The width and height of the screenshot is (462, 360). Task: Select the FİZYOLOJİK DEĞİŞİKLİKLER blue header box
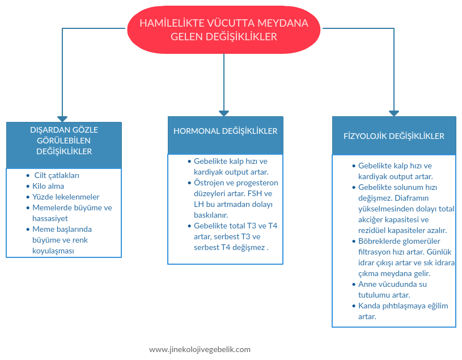(x=393, y=135)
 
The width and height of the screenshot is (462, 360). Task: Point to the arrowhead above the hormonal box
(x=224, y=113)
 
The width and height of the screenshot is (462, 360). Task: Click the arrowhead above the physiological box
(x=393, y=113)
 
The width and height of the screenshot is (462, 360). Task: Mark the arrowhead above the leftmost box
(x=63, y=117)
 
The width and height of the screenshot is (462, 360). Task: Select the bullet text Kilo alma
(x=48, y=186)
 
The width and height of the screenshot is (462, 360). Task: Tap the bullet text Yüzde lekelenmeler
(x=66, y=197)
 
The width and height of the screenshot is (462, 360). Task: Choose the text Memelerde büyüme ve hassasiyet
(x=71, y=213)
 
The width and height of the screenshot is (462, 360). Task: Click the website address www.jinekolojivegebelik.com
(x=200, y=350)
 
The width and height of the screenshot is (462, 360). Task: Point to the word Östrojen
(x=209, y=183)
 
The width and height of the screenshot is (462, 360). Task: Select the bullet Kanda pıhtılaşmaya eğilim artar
(x=402, y=311)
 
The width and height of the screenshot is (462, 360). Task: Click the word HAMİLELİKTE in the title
(x=170, y=23)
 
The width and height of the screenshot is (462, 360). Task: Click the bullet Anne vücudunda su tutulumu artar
(x=392, y=290)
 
